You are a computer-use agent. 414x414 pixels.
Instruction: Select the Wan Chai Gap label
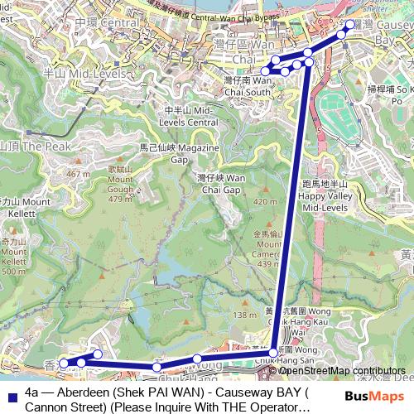tap(221, 184)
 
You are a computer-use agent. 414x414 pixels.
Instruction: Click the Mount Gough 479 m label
tap(120, 184)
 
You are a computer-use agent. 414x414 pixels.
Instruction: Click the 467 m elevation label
tap(78, 174)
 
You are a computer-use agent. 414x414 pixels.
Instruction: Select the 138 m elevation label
tap(245, 315)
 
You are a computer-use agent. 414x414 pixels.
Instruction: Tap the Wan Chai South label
tap(248, 86)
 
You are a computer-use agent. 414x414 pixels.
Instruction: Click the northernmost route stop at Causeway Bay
tap(349, 25)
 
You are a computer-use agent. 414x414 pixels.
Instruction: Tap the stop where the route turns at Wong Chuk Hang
tap(273, 354)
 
